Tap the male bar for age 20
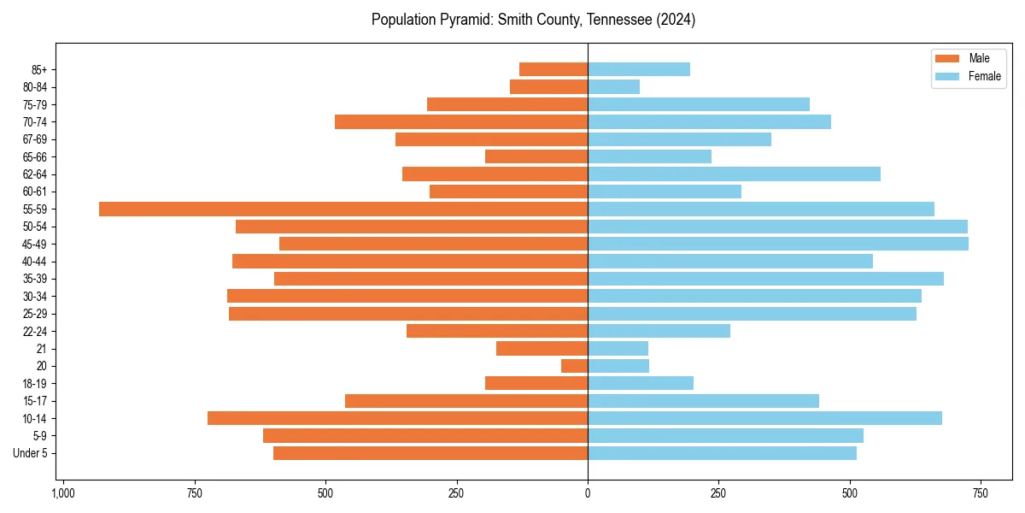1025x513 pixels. tap(574, 366)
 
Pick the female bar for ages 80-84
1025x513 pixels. tap(613, 86)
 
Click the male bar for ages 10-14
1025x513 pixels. tap(397, 418)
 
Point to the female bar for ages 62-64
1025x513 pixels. tap(734, 174)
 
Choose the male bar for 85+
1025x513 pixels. tap(553, 69)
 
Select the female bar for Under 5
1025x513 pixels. tap(722, 453)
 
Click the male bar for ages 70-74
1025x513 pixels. tap(461, 121)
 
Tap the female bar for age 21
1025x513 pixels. tap(618, 348)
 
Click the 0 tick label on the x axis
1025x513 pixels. tap(588, 494)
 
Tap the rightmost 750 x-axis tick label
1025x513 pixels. tap(980, 494)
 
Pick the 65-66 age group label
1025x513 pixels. tap(35, 156)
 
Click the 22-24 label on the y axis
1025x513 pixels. tap(35, 331)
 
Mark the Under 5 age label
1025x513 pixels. tap(30, 453)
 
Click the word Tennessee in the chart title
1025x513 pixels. tap(613, 20)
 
